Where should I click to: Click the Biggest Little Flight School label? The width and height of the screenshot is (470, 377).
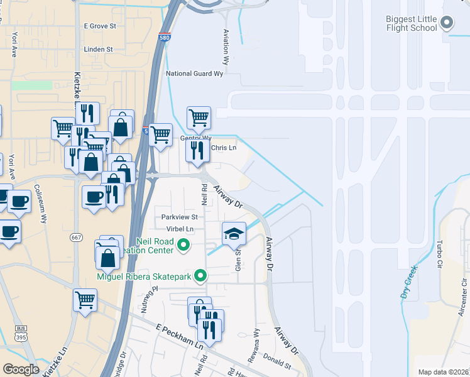[x=412, y=23]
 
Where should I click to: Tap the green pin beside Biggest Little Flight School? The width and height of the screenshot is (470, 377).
[x=447, y=23]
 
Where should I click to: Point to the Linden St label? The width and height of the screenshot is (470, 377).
[x=98, y=49]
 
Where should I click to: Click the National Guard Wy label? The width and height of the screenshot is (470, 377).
[x=194, y=74]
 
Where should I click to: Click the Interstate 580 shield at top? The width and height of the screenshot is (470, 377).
[x=165, y=37]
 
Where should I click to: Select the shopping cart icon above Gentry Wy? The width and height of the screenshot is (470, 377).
[x=199, y=117]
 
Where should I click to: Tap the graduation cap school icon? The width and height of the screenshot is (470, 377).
[x=234, y=233]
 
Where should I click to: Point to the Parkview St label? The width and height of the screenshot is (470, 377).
[x=179, y=217]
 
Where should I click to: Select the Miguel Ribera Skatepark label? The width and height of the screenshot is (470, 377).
[x=144, y=275]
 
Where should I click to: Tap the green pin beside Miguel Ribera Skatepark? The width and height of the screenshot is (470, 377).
[x=200, y=275]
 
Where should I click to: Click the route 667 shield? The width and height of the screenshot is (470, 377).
[x=77, y=237]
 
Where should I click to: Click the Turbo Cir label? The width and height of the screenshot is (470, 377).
[x=438, y=253]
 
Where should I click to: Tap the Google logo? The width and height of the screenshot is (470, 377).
[x=21, y=369]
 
